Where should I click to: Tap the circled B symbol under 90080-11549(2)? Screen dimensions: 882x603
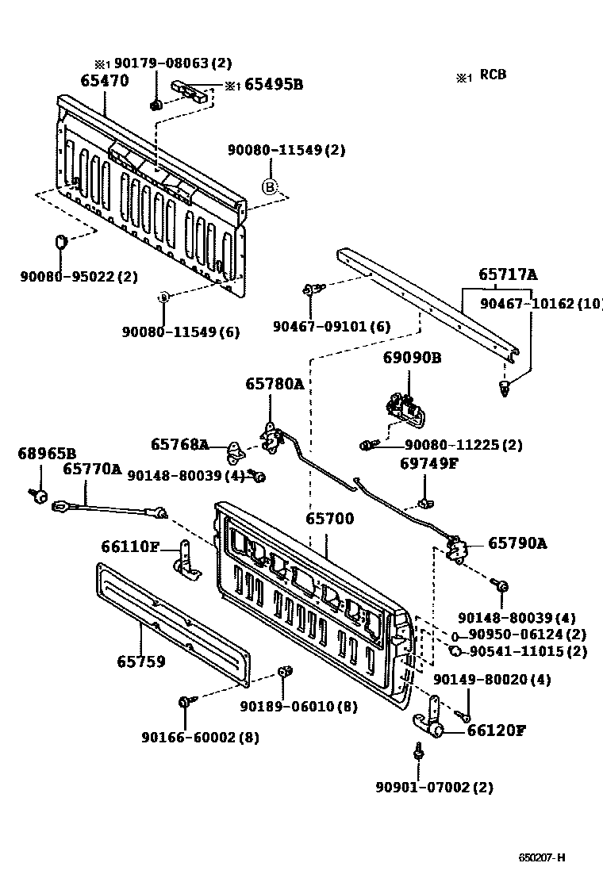(270, 186)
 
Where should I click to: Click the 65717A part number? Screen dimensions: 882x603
(508, 275)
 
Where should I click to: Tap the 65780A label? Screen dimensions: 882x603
(274, 384)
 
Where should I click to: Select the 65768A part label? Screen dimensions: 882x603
(180, 445)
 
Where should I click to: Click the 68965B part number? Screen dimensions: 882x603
(47, 454)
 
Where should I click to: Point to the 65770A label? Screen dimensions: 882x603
(92, 470)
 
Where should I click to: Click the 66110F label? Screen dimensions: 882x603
(131, 546)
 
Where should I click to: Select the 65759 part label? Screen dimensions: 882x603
(141, 661)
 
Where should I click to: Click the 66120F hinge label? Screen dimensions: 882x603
(496, 731)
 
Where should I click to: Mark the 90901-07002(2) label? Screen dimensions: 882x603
(434, 788)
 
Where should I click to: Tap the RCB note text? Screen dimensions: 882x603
(492, 75)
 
